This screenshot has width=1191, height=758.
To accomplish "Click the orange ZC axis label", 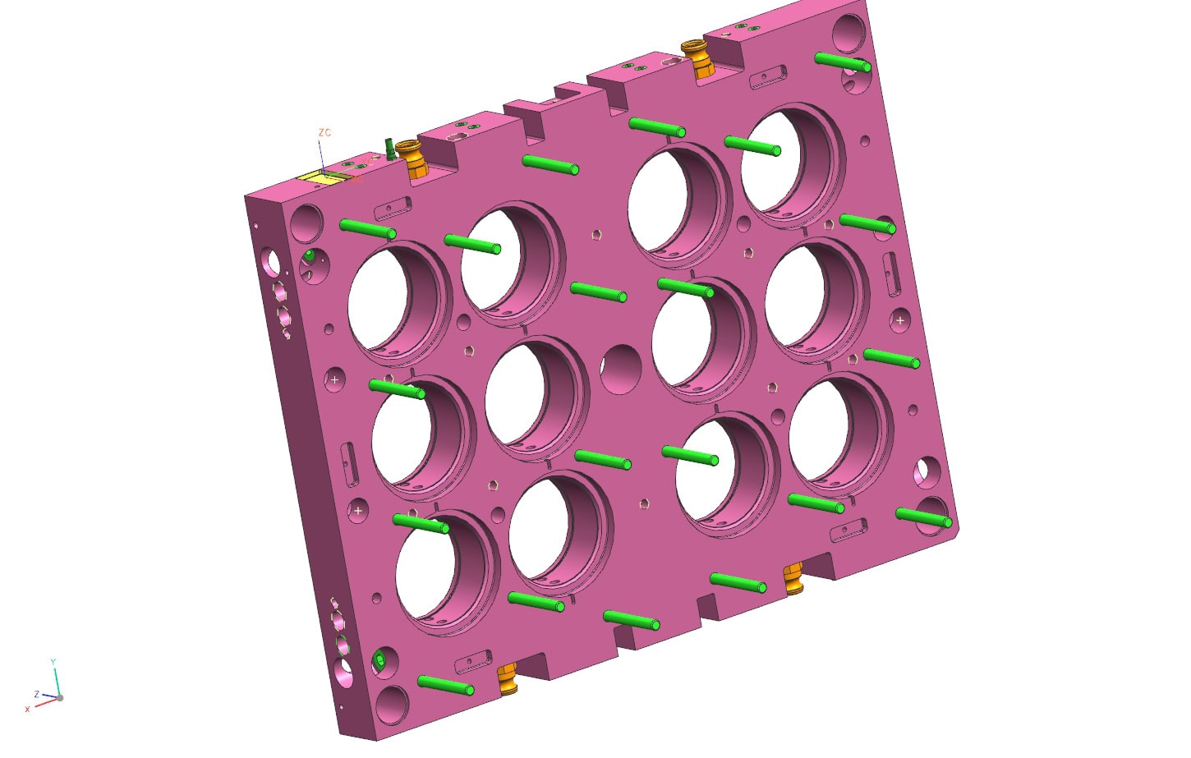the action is click(324, 132).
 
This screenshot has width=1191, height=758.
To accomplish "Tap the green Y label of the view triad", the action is click(53, 662).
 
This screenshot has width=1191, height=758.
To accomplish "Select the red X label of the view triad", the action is click(28, 709).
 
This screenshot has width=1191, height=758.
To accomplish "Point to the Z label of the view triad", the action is click(37, 694).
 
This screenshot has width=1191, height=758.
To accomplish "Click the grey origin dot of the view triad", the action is click(60, 698).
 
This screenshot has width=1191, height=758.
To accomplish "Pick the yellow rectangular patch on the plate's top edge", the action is click(315, 178).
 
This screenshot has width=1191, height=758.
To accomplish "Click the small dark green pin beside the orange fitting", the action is click(389, 149).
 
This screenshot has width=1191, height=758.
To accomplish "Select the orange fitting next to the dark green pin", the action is click(413, 159).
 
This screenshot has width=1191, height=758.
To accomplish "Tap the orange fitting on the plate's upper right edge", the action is click(697, 58).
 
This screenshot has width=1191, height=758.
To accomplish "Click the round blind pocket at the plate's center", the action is click(621, 369).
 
